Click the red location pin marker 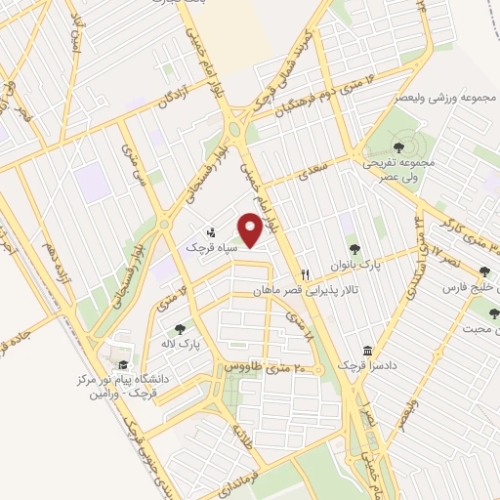point(251,231)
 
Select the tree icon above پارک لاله point(179,330)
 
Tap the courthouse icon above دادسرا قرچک point(367,350)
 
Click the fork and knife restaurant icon point(306,274)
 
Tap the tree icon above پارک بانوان point(354,250)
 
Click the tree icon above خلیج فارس point(485,271)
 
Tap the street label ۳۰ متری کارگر point(463,231)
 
